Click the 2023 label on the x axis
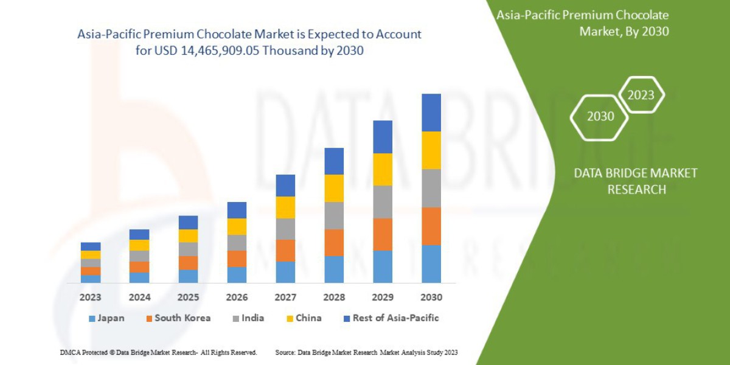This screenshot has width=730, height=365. coord(91,297)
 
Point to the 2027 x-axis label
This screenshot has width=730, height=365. coord(285,297)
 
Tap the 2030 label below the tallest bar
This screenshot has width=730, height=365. coord(431,297)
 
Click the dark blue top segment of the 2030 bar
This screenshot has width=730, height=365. coord(431,113)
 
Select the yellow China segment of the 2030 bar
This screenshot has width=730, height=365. coord(431,150)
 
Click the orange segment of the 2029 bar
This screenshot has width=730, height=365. coord(383,234)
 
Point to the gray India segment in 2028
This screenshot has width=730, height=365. coord(334,215)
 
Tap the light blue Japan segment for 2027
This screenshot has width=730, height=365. coord(285,272)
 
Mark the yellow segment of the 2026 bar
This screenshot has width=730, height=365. coord(237,226)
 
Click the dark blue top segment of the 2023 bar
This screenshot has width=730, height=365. coord(91,246)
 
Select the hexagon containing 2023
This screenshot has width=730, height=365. coord(641,95)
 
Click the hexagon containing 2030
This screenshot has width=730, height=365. coord(600,116)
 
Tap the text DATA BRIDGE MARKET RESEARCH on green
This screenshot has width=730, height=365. coord(636,181)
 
